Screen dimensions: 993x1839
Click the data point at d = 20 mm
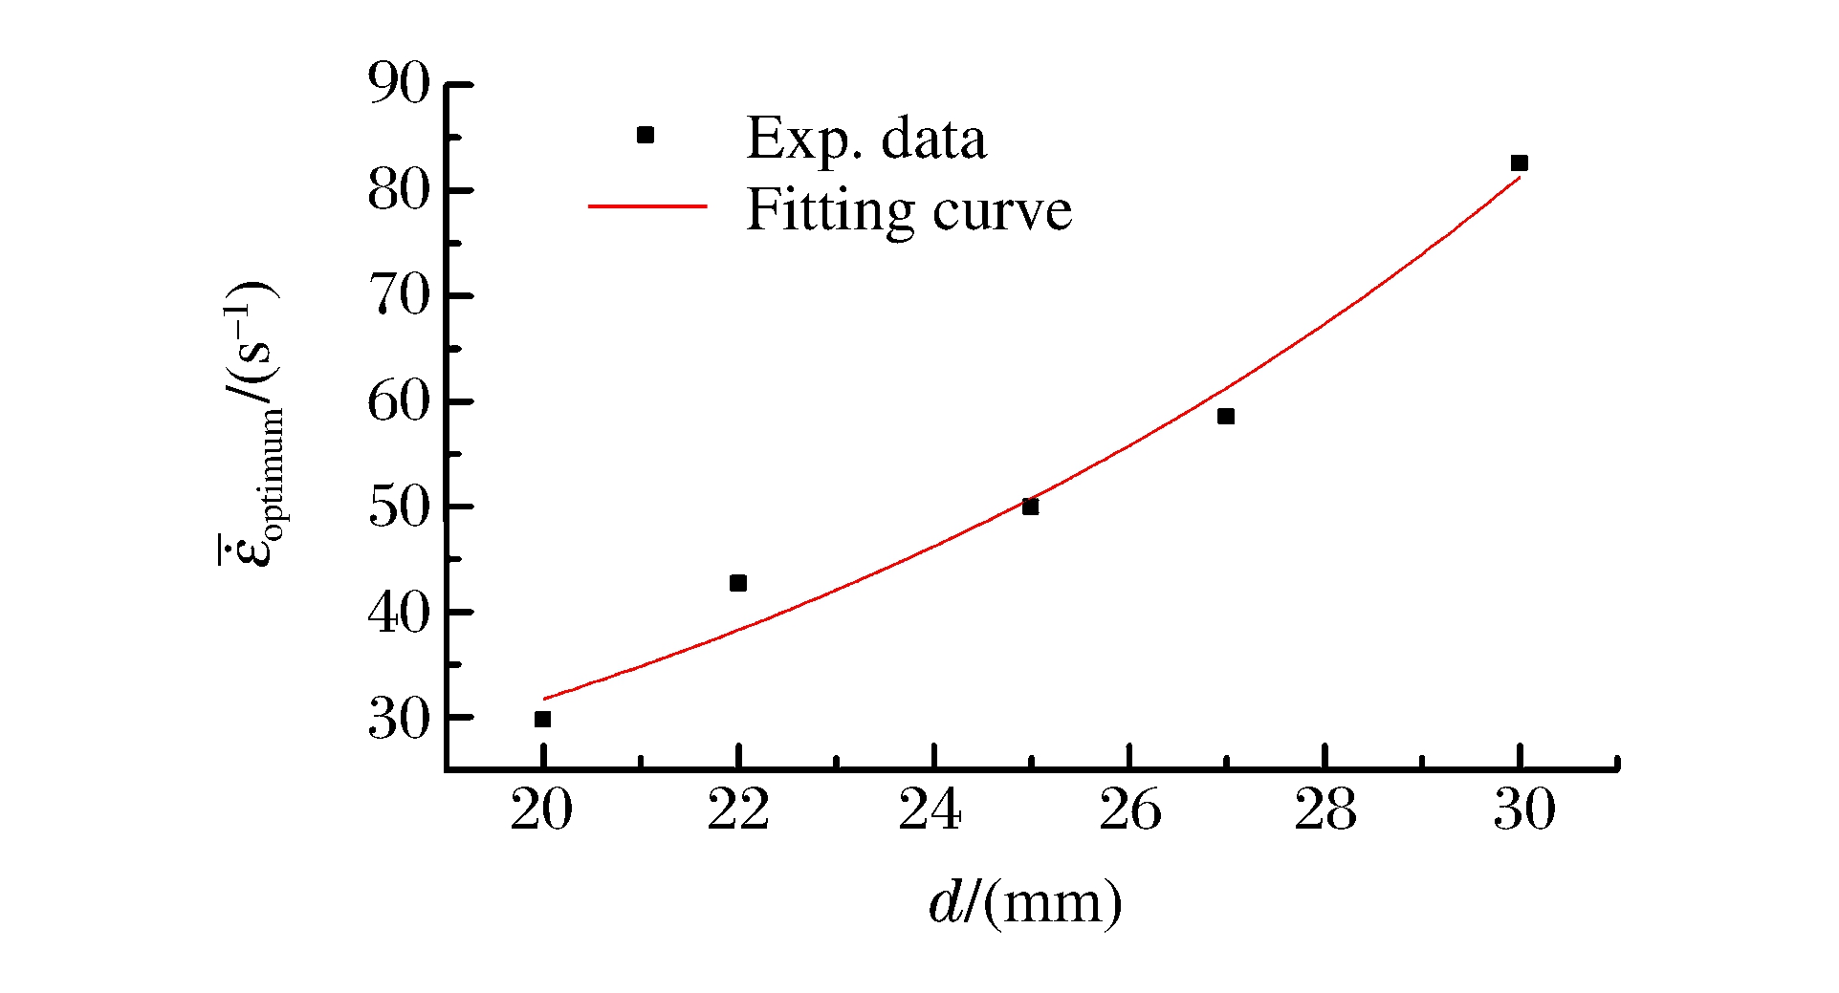(x=542, y=719)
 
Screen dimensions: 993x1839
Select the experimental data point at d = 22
(x=737, y=583)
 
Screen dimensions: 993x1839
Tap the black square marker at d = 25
(x=1030, y=507)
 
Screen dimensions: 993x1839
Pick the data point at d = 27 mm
(x=1226, y=417)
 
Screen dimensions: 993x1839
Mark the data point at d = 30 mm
(x=1520, y=163)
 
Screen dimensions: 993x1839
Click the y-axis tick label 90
(x=400, y=84)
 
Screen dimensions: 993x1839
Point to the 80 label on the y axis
(x=400, y=190)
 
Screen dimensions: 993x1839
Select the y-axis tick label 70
(x=400, y=295)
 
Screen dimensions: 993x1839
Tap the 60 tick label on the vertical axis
(x=400, y=401)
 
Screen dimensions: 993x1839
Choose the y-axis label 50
(x=400, y=507)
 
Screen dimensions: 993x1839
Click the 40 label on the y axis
(x=400, y=613)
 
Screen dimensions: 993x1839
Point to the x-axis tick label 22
(x=737, y=811)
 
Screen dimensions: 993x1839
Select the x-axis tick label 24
(x=930, y=811)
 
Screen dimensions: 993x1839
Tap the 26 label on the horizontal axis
(x=1129, y=811)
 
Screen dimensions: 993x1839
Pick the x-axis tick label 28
(x=1325, y=811)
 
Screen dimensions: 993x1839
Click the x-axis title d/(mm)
(x=1025, y=902)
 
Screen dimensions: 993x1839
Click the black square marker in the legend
(x=646, y=136)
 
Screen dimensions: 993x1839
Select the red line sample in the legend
(x=646, y=206)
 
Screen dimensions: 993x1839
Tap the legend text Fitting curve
(x=909, y=210)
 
